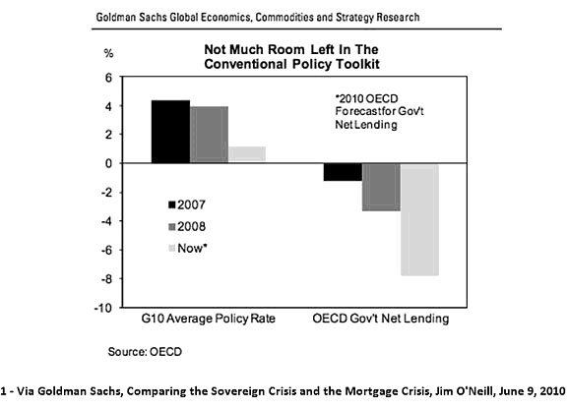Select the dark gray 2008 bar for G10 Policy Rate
click(x=210, y=135)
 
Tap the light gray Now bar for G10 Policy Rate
click(x=248, y=154)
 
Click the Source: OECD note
click(x=146, y=350)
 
